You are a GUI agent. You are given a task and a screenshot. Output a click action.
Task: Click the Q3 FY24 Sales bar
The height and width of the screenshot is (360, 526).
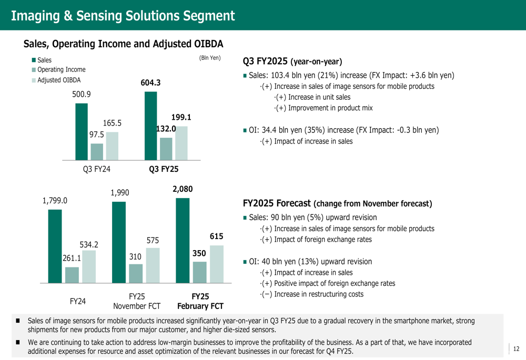82,131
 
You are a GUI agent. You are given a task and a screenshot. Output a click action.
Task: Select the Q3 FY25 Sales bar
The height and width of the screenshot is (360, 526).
150,126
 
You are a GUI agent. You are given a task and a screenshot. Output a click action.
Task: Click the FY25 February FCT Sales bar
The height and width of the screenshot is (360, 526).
183,242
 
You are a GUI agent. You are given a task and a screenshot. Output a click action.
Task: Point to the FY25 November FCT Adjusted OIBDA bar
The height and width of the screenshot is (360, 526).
153,266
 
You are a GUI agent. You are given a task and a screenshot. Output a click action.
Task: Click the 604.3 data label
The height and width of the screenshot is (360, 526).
150,83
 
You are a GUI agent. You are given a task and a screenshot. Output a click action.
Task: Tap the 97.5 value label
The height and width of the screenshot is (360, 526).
97,135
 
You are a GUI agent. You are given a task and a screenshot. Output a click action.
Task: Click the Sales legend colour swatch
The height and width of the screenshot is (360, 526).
34,60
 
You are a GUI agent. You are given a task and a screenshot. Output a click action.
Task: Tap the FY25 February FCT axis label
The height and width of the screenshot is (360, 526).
200,301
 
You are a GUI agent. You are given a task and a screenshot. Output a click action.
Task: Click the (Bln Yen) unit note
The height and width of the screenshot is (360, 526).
209,58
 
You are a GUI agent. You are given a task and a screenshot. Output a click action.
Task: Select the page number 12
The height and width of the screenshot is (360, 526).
516,348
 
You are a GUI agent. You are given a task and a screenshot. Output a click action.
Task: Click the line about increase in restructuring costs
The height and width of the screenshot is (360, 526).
311,294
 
